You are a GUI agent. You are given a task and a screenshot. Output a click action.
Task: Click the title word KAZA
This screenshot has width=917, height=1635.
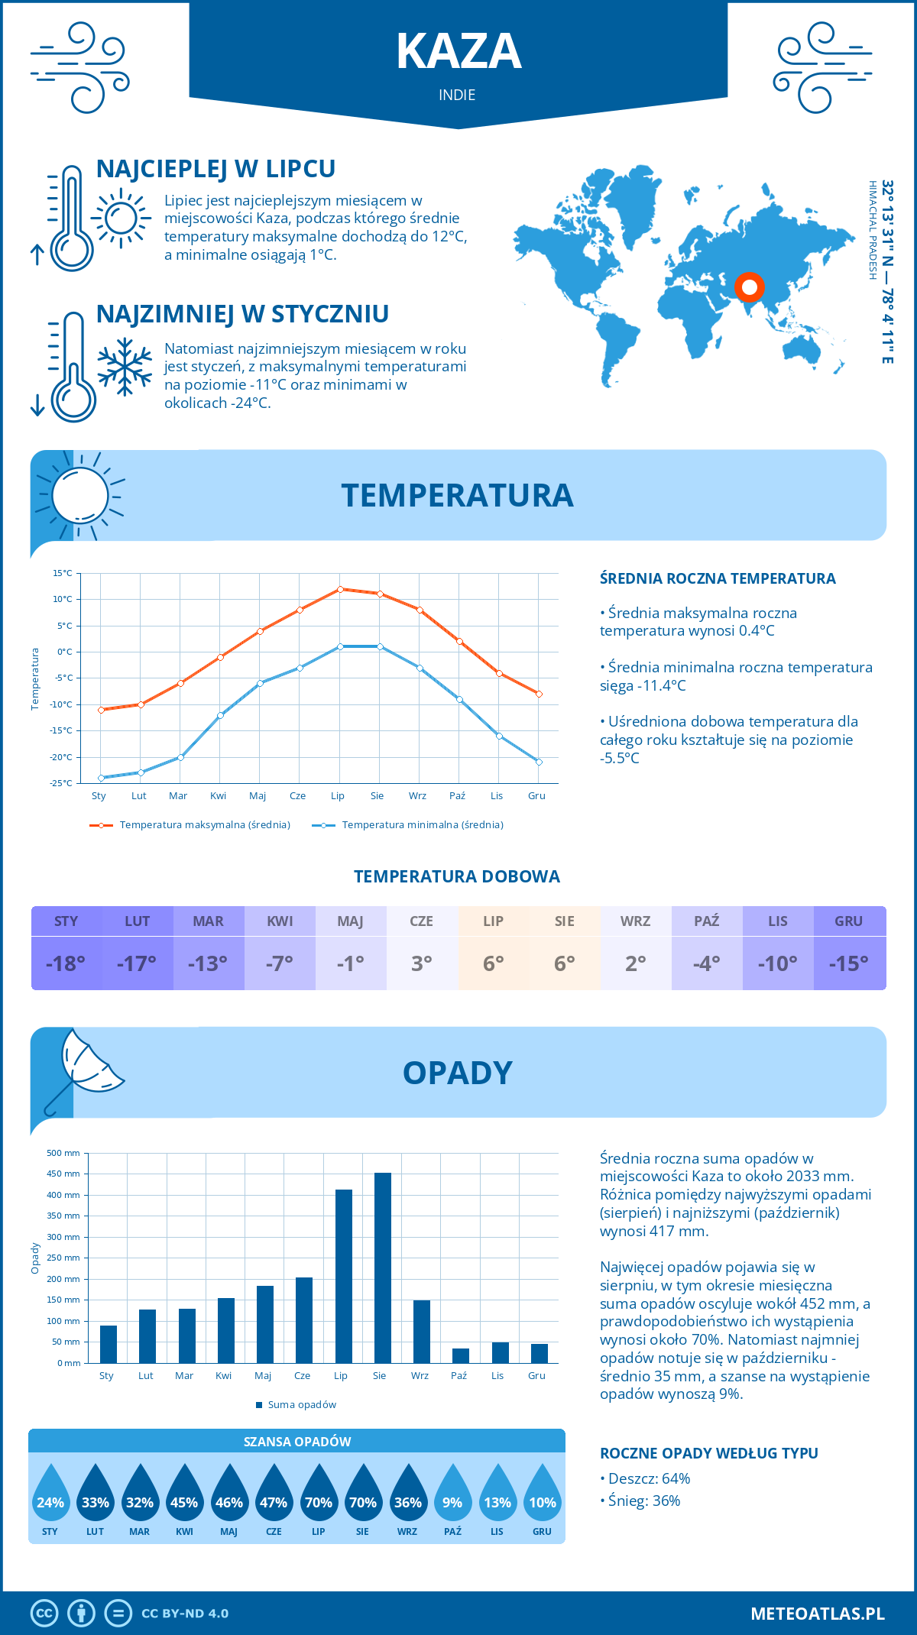pyautogui.click(x=458, y=52)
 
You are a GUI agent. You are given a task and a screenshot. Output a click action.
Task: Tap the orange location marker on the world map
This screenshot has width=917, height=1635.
pyautogui.click(x=750, y=287)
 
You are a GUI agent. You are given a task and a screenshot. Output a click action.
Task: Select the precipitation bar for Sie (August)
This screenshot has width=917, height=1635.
pyautogui.click(x=383, y=1268)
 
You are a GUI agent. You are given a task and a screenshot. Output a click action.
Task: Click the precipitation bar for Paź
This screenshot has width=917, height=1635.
pyautogui.click(x=461, y=1355)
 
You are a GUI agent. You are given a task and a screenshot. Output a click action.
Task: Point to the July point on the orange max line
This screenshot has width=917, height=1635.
pyautogui.click(x=340, y=589)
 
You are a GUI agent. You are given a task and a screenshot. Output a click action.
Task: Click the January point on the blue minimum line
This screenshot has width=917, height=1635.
pyautogui.click(x=101, y=778)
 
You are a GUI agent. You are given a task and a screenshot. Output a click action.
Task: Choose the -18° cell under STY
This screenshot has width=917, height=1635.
pyautogui.click(x=66, y=963)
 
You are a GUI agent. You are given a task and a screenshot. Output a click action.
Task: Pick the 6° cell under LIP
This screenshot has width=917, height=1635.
pyautogui.click(x=493, y=963)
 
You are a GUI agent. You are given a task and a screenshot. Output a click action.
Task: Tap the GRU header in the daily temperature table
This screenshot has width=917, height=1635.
pyautogui.click(x=848, y=921)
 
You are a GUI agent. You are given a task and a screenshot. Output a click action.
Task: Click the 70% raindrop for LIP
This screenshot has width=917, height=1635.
pyautogui.click(x=319, y=1501)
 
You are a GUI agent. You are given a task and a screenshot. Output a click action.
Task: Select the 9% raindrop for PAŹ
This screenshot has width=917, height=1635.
pyautogui.click(x=452, y=1501)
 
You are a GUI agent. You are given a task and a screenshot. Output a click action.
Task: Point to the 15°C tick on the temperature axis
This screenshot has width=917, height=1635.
pyautogui.click(x=63, y=573)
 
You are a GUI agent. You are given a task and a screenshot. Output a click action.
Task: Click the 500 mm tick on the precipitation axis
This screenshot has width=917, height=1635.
pyautogui.click(x=64, y=1153)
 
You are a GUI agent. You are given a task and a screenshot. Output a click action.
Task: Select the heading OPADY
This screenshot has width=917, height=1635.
pyautogui.click(x=457, y=1073)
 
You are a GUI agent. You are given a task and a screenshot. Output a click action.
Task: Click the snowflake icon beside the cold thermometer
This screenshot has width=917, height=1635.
pyautogui.click(x=125, y=367)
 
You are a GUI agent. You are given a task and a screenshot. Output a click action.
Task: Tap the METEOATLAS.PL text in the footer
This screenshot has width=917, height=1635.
pyautogui.click(x=817, y=1614)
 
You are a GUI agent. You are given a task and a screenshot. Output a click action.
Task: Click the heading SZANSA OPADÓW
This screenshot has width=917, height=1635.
pyautogui.click(x=297, y=1442)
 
